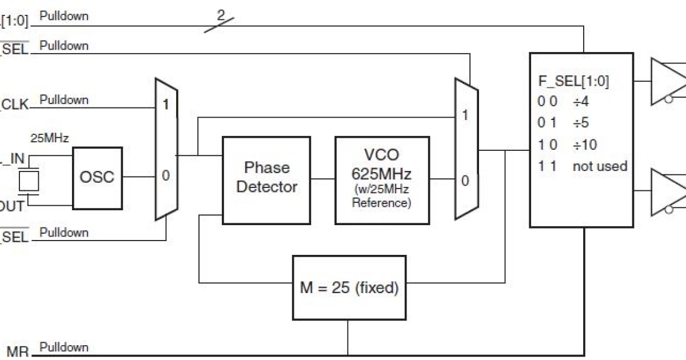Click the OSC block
pos(97,177)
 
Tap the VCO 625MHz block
pos(381,179)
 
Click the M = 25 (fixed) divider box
pos(349,287)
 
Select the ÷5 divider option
pos(581,123)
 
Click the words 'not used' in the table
pos(600,166)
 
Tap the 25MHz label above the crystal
pos(49,138)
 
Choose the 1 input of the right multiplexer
pos(465,115)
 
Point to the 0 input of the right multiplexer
pos(465,181)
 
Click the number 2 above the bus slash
pos(221,14)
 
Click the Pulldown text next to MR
pos(64,347)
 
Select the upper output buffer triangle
pos(669,82)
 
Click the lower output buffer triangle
pos(669,192)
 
